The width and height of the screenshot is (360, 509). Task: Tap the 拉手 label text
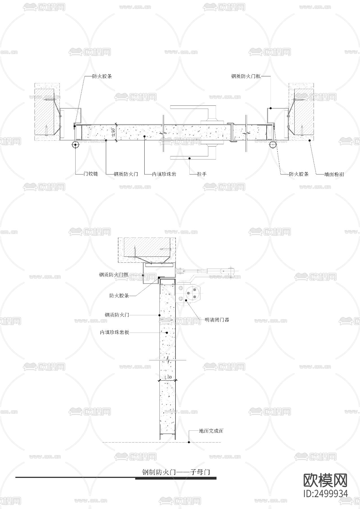[202, 174]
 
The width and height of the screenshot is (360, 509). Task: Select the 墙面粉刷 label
[334, 174]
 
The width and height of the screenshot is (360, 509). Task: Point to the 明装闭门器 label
[217, 320]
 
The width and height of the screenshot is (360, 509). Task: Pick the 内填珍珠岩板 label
[115, 332]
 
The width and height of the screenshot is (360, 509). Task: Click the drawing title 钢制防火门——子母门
[175, 472]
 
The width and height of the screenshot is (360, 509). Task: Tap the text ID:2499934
[325, 493]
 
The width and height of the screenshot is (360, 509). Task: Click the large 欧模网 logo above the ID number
[325, 480]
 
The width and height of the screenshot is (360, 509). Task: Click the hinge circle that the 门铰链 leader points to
[76, 145]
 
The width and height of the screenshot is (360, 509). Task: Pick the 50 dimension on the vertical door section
[168, 377]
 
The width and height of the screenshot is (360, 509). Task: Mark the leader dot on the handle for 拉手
[190, 158]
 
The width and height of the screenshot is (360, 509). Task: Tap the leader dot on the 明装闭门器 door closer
[186, 301]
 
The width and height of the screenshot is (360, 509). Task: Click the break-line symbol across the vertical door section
[168, 360]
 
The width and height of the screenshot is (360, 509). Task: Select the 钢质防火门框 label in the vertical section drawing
[114, 274]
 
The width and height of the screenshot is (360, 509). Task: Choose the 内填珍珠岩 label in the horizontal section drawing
[164, 174]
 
